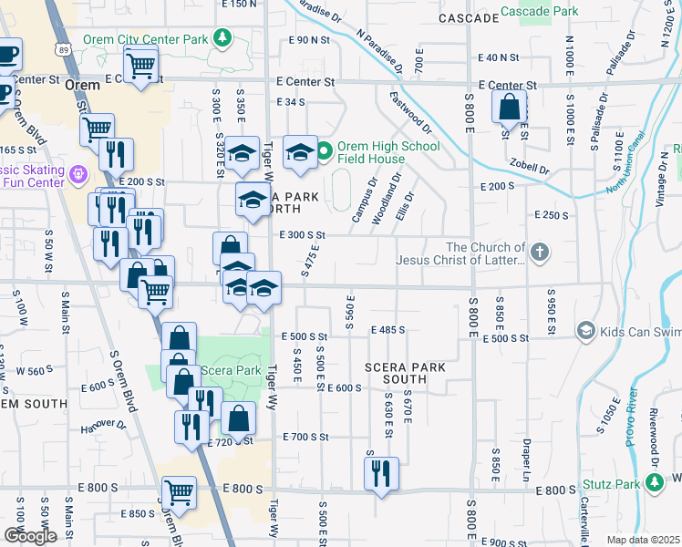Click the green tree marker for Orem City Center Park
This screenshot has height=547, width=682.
(221, 38)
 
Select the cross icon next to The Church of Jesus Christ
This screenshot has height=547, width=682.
(540, 252)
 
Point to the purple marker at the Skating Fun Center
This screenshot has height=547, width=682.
(79, 172)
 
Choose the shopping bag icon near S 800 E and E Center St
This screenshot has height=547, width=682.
(510, 108)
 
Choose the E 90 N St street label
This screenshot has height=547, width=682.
(308, 40)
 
